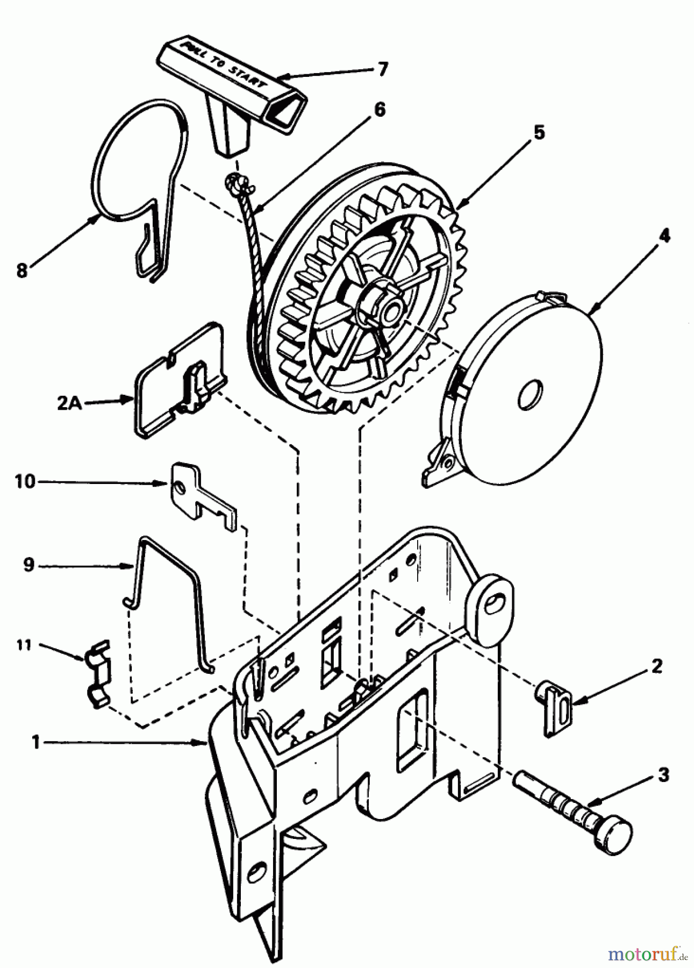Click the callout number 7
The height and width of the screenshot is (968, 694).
click(382, 69)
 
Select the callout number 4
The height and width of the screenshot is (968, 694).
click(665, 235)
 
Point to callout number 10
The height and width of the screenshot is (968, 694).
click(25, 482)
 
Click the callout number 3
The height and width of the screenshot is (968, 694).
click(663, 775)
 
